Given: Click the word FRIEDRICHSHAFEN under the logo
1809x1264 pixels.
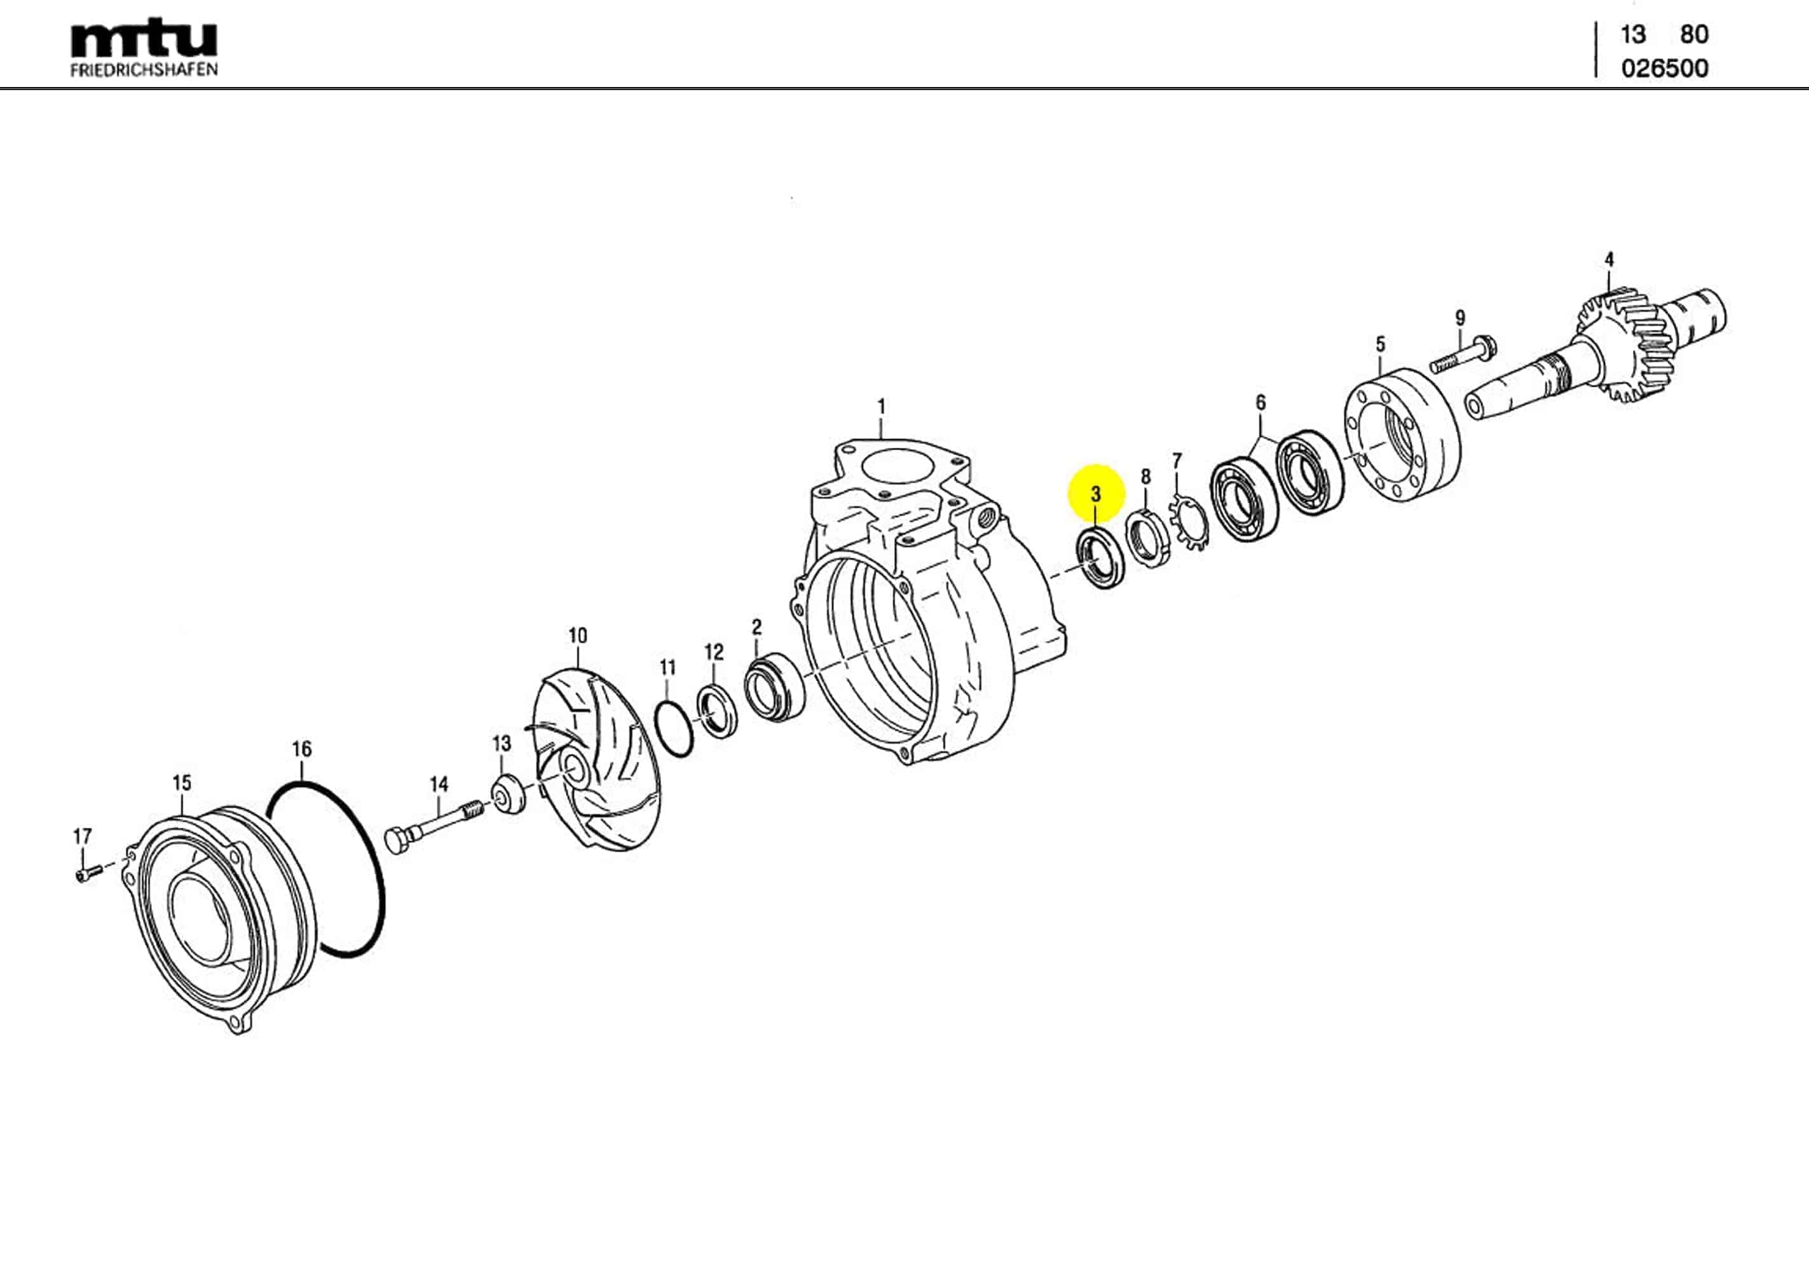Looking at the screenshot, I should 144,70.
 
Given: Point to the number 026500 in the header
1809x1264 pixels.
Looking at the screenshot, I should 1664,69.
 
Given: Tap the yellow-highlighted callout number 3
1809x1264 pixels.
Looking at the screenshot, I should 1095,495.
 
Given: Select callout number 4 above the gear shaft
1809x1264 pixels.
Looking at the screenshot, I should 1609,259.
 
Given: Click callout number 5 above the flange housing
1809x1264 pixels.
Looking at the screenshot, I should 1379,344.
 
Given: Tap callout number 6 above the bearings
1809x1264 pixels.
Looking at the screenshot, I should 1260,403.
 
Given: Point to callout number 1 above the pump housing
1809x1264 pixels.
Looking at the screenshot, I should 881,407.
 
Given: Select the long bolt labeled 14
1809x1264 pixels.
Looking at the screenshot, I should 435,824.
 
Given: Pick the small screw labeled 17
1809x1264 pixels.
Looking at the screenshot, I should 88,873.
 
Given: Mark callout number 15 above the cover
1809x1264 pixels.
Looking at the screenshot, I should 182,783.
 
